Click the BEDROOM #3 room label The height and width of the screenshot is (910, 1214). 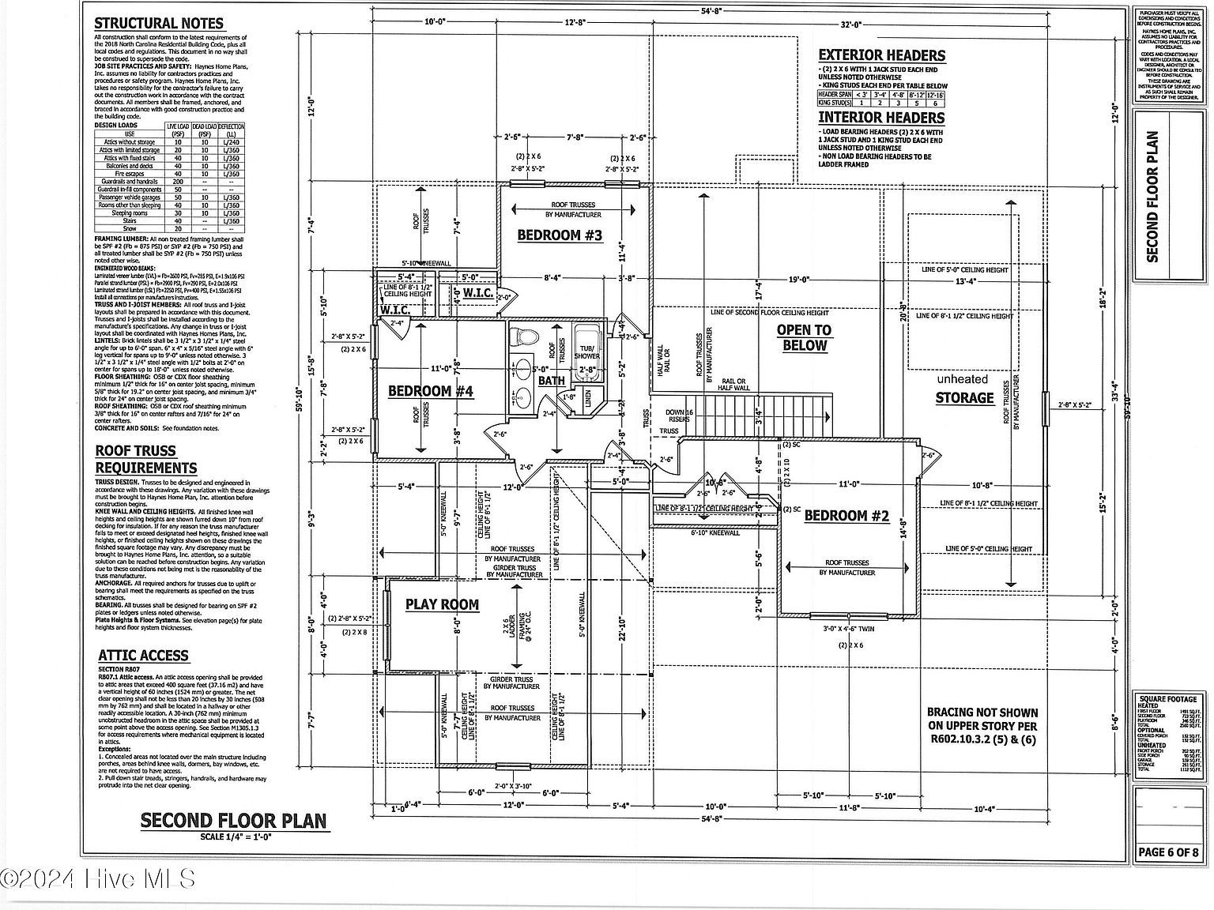[560, 235]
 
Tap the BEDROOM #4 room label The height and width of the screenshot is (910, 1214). [431, 391]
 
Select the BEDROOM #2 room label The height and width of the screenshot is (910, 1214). [846, 517]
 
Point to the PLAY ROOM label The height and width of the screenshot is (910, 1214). [442, 605]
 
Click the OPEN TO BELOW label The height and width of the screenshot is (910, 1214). [805, 338]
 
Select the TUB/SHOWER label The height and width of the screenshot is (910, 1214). [586, 352]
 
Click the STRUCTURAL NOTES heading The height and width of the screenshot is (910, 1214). [159, 24]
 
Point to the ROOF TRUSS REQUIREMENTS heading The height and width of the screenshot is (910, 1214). [146, 460]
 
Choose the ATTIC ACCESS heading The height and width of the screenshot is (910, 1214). [143, 656]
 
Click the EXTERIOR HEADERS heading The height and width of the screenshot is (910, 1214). [881, 55]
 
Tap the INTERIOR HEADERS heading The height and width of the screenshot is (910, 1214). [880, 118]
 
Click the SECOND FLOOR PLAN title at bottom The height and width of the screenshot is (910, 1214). [233, 821]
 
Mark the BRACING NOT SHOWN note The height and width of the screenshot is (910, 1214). [982, 726]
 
